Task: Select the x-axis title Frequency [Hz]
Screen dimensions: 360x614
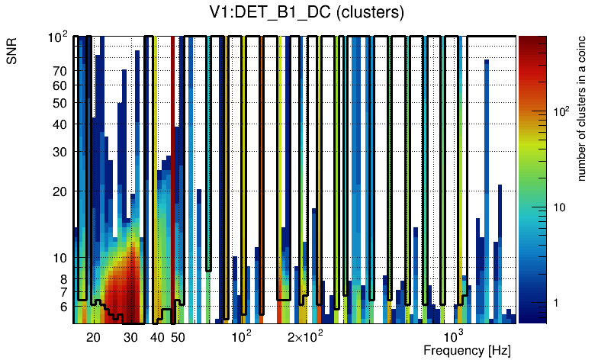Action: click(x=467, y=350)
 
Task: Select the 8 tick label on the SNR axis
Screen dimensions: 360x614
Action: click(x=63, y=279)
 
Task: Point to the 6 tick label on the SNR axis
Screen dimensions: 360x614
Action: click(x=63, y=307)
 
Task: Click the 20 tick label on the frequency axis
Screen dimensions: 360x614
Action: click(x=93, y=337)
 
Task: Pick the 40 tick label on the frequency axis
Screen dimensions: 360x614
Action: click(x=157, y=337)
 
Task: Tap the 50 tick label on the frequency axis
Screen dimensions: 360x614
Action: click(x=178, y=337)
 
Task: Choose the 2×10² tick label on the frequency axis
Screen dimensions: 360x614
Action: click(x=305, y=336)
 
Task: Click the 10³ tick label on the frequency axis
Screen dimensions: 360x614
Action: click(x=454, y=336)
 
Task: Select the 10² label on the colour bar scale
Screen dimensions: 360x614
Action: click(x=561, y=111)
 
